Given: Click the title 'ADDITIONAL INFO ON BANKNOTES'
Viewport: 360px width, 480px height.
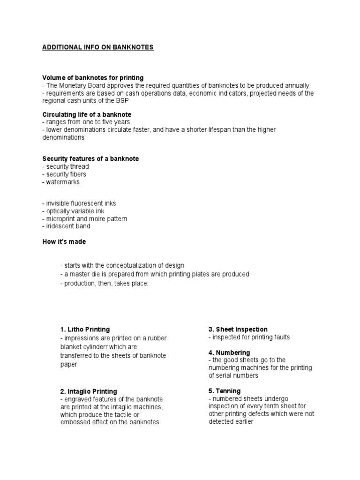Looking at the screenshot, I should [x=97, y=47].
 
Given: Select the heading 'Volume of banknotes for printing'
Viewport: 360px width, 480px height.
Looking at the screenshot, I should [x=93, y=77].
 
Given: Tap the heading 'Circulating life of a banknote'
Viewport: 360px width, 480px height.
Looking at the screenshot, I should [x=87, y=115].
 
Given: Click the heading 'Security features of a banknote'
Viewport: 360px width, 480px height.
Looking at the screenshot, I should [x=90, y=159].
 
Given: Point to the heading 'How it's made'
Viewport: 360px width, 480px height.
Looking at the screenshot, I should [x=64, y=242].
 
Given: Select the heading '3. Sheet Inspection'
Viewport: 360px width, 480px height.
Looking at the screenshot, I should [x=238, y=330].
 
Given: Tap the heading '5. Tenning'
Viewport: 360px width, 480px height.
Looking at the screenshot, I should [x=225, y=391].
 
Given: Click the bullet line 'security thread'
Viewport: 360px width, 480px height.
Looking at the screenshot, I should [x=66, y=166].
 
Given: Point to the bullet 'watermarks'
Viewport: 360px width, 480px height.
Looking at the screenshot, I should [x=61, y=182].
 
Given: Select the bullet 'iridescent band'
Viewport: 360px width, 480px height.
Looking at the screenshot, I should [x=66, y=226].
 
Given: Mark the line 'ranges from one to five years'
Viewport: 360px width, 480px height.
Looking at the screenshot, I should [x=86, y=122].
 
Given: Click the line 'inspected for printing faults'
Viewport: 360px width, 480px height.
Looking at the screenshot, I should [x=249, y=337].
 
